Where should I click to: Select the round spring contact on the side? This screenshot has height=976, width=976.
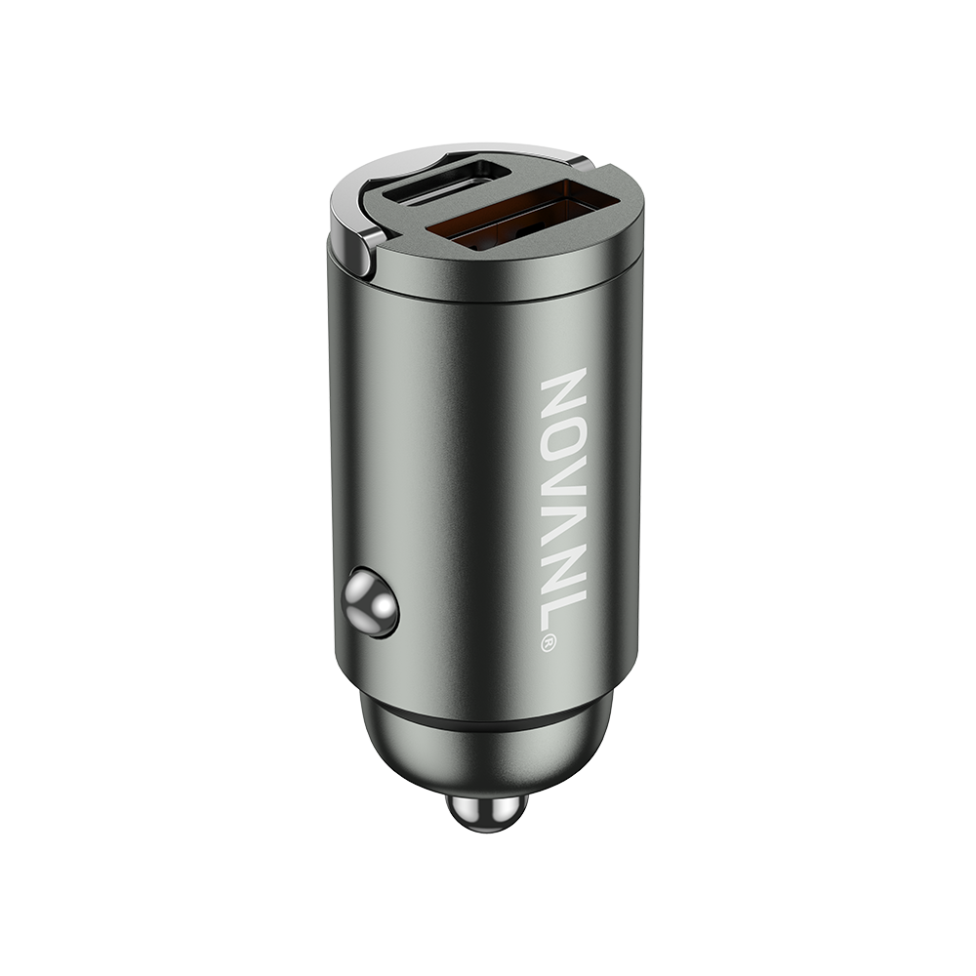coord(371,603)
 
